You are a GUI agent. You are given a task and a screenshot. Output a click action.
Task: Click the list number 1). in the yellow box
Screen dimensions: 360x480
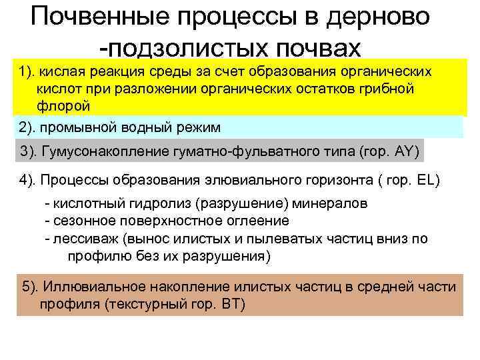click(27, 72)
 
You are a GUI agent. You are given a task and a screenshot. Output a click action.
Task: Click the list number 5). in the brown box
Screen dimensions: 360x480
click(31, 287)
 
